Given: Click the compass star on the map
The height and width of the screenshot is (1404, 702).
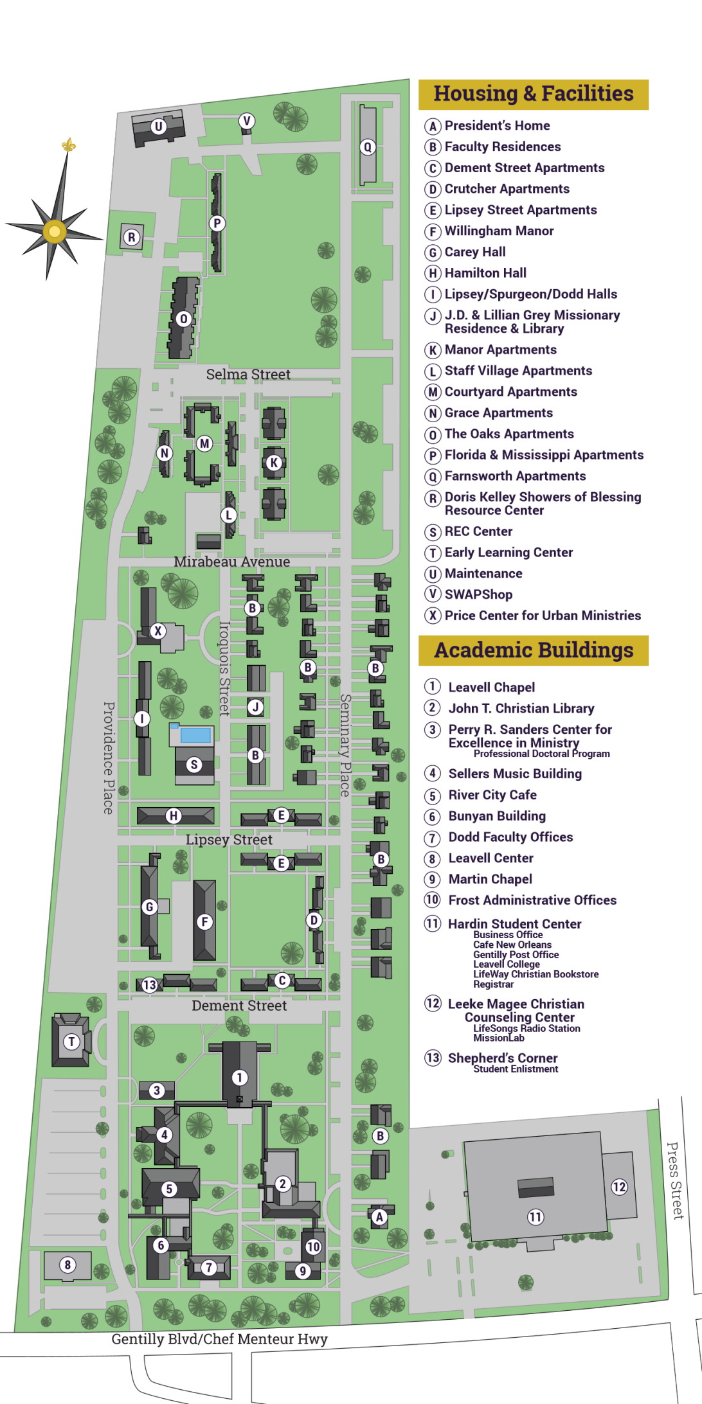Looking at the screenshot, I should pos(54,231).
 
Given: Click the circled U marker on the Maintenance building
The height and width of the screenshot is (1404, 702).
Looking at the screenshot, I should pos(158,127).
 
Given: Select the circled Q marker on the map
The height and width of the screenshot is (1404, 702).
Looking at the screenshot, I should pos(368,147).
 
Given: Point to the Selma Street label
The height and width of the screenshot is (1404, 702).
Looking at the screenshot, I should pos(248,374).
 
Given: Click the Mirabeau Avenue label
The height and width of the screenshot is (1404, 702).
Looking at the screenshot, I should pos(231,562).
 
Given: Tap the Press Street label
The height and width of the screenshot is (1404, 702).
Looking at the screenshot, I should pos(674,1180).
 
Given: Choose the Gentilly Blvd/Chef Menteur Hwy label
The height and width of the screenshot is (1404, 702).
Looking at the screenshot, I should pos(219,1339).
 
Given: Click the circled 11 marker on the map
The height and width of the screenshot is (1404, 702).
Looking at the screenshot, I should pos(535,1216).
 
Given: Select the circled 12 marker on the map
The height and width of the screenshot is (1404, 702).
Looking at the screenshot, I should pos(619,1186).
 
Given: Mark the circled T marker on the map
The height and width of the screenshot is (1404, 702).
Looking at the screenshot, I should pos(71,1042).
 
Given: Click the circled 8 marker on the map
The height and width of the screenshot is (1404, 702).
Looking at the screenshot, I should pos(67,1265).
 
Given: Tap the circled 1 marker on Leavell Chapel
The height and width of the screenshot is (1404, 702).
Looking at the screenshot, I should pos(239,1078).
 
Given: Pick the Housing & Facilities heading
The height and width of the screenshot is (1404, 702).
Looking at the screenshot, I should pos(534,94).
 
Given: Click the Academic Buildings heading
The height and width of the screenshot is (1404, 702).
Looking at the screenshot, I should pos(534,650).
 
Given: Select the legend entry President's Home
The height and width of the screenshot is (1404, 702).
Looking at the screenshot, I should pos(497,126).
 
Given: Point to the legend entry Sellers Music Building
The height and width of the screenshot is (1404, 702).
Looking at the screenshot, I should pos(514,774).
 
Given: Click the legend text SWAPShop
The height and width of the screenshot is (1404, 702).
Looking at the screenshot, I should pos(478,594).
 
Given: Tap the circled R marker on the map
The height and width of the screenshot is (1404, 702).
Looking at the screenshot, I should pos(132,237).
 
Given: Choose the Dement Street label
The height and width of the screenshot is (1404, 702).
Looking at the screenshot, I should pos(239,1006).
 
